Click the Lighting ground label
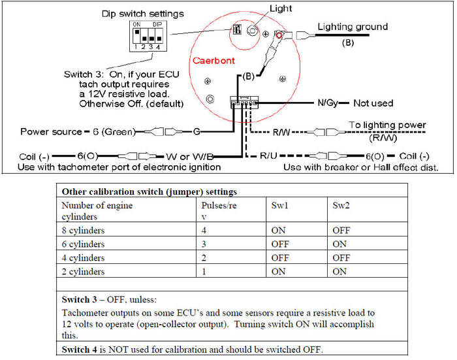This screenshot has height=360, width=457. tap(353, 27)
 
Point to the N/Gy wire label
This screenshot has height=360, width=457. tap(328, 103)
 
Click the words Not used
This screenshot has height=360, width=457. tap(374, 103)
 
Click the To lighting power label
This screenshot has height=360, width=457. tap(387, 125)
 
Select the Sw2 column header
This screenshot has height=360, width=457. tap(339, 204)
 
